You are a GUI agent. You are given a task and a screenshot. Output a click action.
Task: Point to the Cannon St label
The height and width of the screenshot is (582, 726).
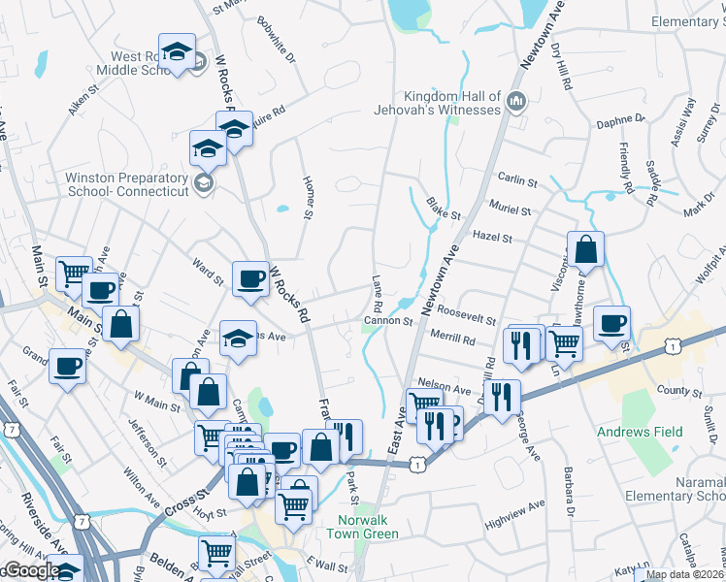click(388, 321)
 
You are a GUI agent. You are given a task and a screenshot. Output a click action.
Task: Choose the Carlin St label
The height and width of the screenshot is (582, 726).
click(517, 181)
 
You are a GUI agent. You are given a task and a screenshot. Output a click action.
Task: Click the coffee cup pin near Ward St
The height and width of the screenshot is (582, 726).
click(251, 278)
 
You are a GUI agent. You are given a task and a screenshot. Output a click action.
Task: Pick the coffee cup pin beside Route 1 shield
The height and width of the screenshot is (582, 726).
click(611, 323)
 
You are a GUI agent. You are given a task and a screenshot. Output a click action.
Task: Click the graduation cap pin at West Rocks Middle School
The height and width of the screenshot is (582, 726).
click(178, 51)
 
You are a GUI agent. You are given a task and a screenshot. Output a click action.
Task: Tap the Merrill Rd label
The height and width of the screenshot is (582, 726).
click(455, 340)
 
